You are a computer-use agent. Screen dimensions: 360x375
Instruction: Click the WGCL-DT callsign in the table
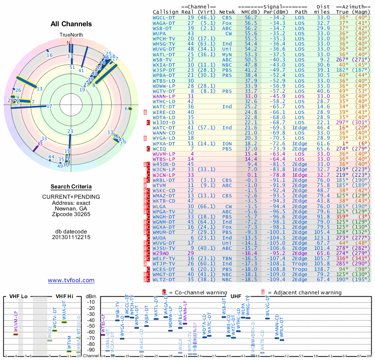tap(164, 17)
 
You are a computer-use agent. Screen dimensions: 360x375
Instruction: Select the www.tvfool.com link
tap(71, 280)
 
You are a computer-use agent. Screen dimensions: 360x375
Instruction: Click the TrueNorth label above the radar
tap(70, 35)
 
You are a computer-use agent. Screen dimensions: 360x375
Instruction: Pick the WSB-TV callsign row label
tap(163, 60)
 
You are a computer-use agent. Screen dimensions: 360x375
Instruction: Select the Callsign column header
tap(165, 11)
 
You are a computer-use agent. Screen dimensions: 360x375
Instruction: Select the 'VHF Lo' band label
tap(18, 296)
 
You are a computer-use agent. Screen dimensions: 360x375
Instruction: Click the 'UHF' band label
tap(236, 296)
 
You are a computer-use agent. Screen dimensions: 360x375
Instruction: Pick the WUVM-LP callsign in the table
tap(164, 154)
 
